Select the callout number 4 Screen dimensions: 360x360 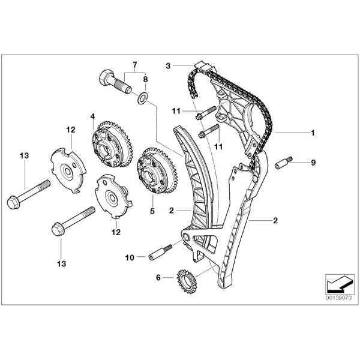[93, 116]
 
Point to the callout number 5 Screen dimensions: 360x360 [152, 212]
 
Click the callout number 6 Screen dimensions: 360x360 [158, 277]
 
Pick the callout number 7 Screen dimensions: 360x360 [135, 64]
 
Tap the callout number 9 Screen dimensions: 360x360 [313, 162]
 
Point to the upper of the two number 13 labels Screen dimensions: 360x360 [24, 156]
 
